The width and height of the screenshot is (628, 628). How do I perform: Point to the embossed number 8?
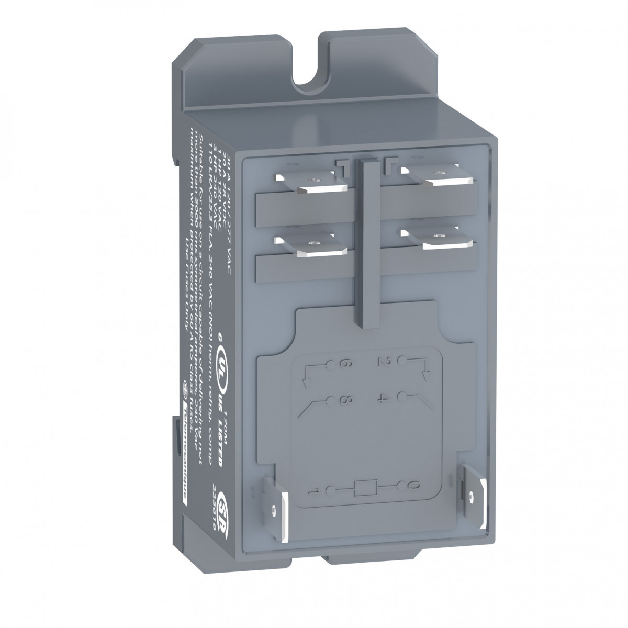pyautogui.click(x=346, y=400)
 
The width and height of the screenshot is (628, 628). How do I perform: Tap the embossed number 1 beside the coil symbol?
pyautogui.click(x=316, y=491)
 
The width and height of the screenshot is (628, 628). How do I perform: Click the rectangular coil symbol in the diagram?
pyautogui.click(x=363, y=489)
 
